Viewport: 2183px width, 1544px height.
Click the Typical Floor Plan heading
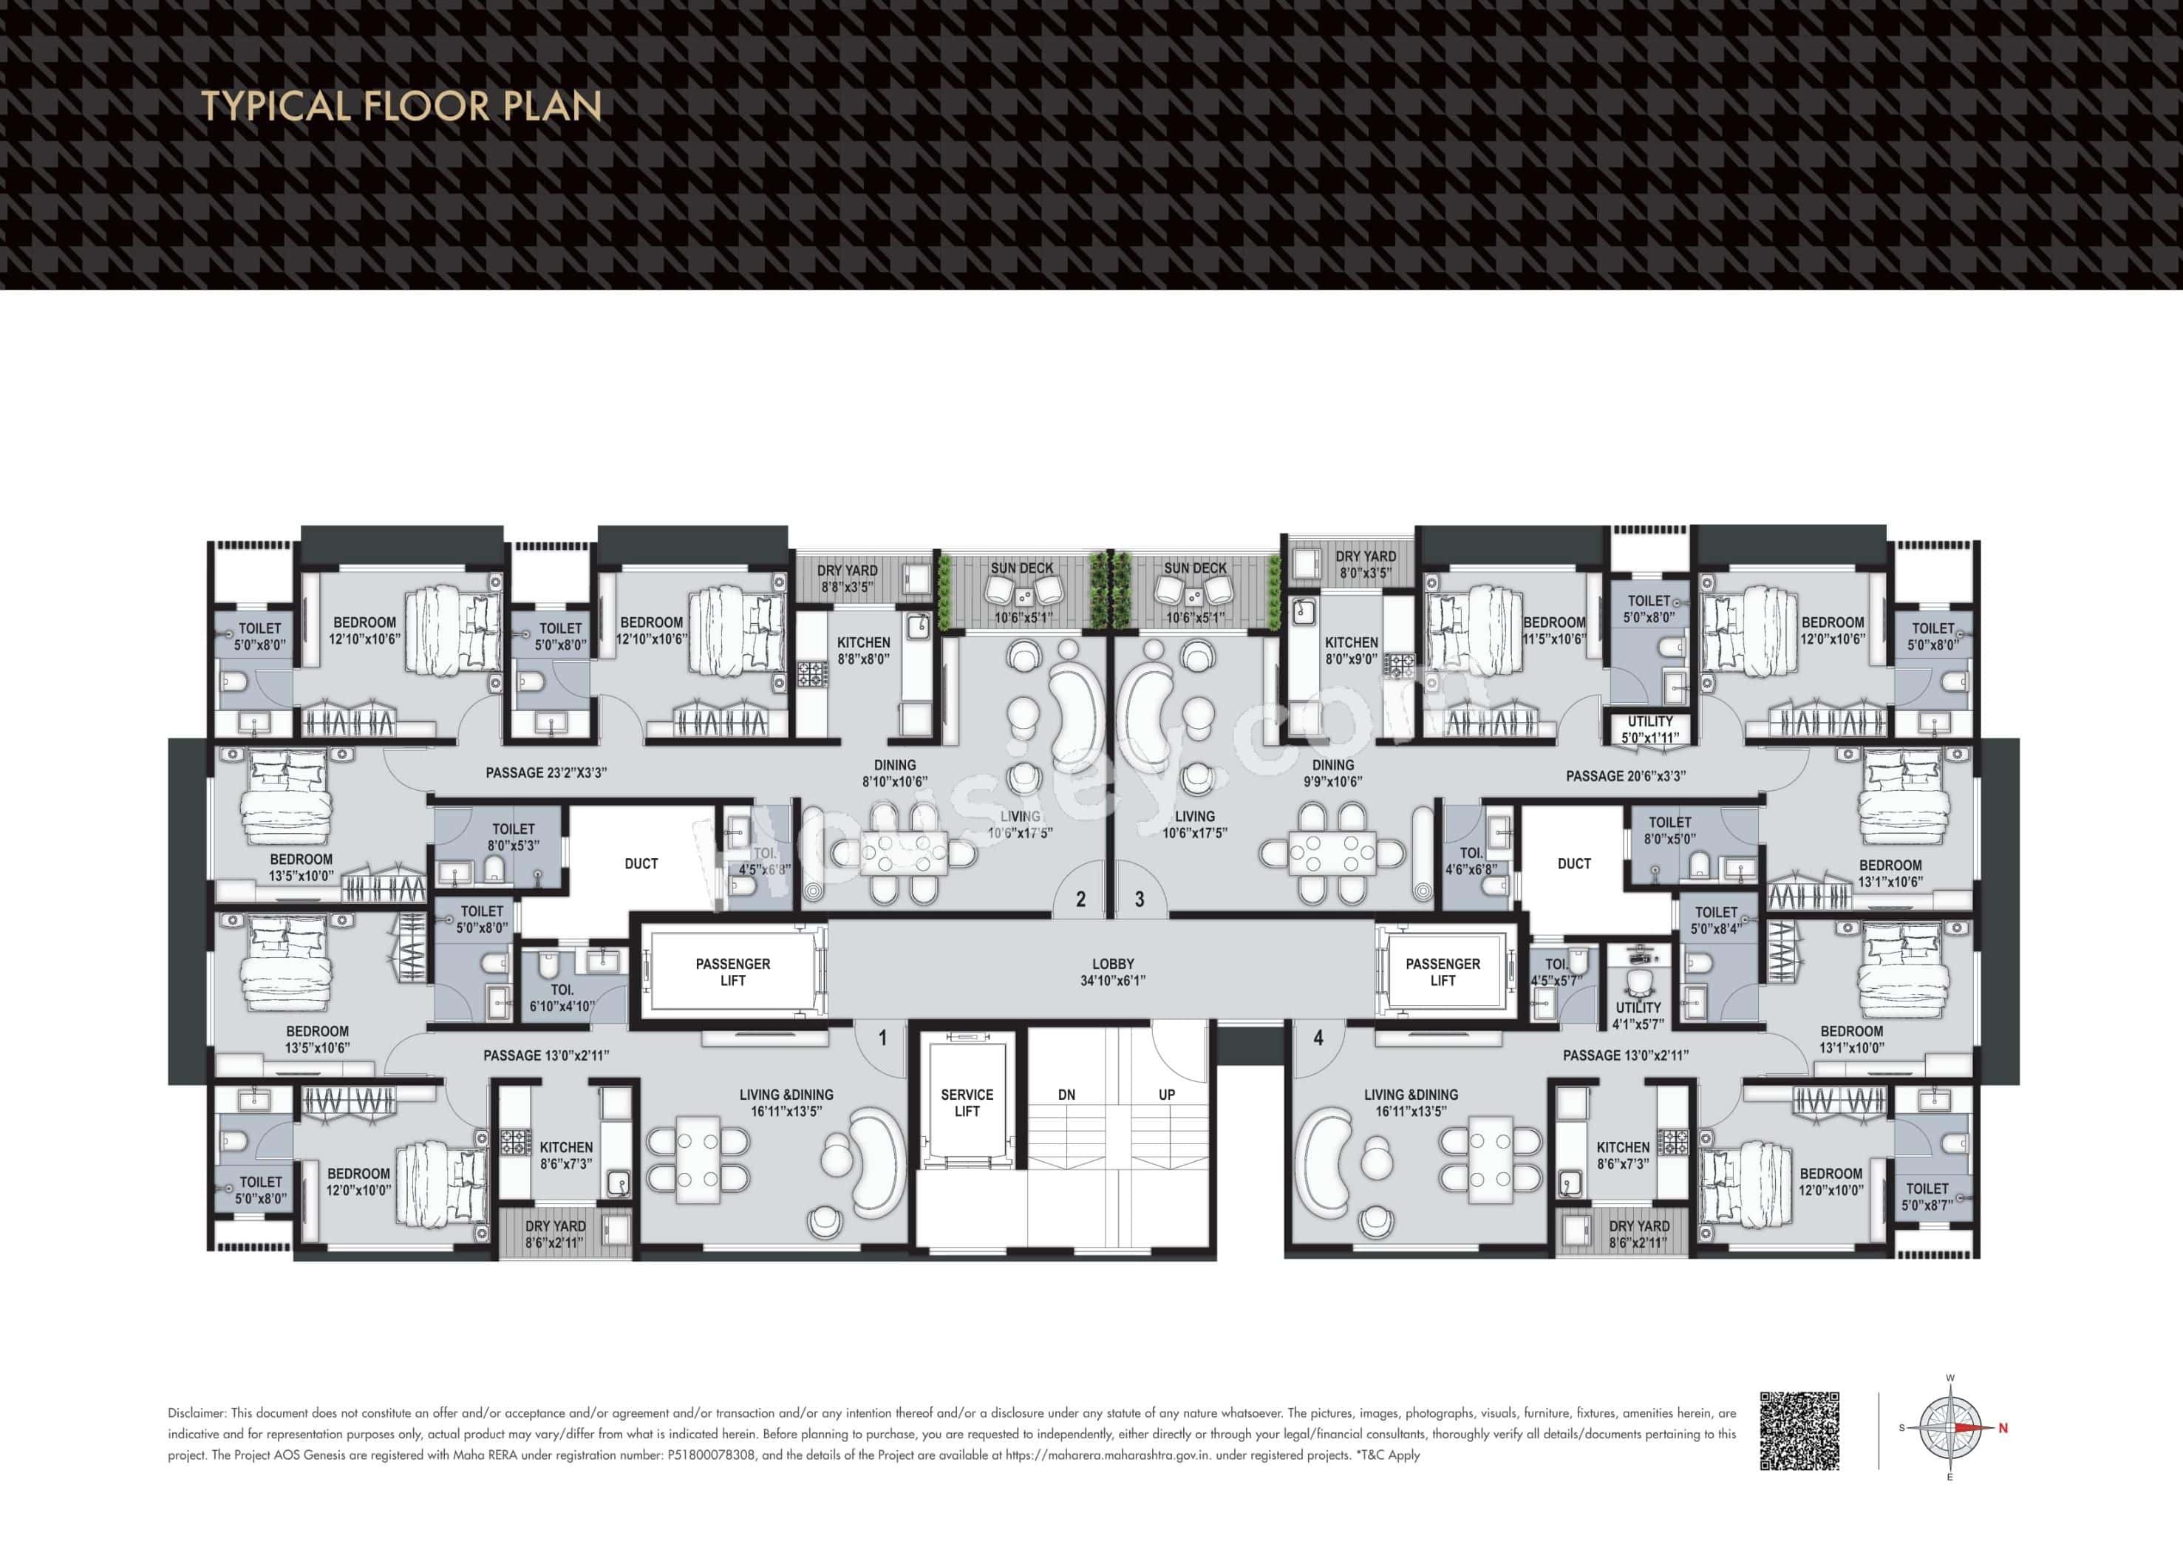[401, 106]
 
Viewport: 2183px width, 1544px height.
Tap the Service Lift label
[966, 1103]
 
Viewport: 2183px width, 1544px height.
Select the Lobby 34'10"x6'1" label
[1112, 972]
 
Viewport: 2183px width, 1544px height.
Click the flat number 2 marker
[1080, 899]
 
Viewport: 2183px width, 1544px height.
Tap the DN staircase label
[1067, 1095]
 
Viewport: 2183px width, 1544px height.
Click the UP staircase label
[1167, 1095]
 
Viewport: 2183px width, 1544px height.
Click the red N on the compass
[2003, 1428]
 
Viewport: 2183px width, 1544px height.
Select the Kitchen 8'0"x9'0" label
[1351, 650]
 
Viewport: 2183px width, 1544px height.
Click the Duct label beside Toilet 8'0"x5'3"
[641, 863]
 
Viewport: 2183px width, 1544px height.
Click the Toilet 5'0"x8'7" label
[1927, 1197]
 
